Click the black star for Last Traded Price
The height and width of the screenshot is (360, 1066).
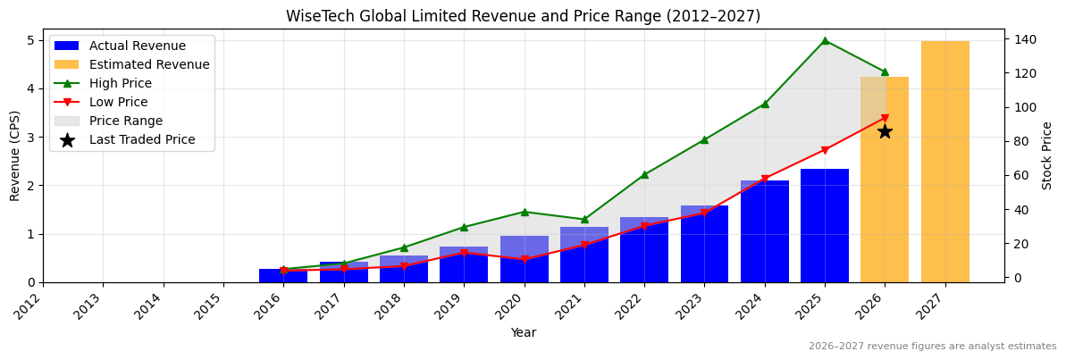(x=885, y=131)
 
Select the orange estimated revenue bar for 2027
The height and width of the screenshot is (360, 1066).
(x=944, y=161)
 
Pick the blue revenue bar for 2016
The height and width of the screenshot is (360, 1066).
(x=283, y=275)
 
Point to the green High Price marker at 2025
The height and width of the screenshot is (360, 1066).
(x=825, y=40)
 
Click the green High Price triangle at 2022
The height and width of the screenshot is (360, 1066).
(x=644, y=175)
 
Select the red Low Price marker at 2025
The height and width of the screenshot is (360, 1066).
(x=825, y=150)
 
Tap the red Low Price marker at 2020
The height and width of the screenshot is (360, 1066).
(x=524, y=259)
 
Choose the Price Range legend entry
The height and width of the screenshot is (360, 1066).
(x=126, y=121)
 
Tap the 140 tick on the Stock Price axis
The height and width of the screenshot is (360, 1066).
(x=1021, y=40)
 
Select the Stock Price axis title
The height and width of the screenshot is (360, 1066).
(x=1047, y=155)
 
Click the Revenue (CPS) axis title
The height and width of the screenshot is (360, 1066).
(x=15, y=155)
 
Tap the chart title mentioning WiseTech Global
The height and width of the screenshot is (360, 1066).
(x=523, y=16)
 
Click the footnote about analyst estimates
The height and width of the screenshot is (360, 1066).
(x=932, y=347)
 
